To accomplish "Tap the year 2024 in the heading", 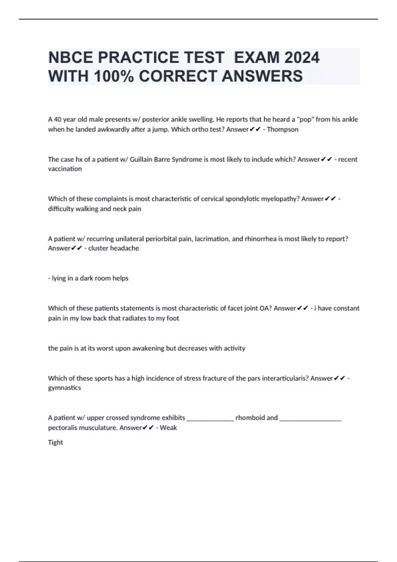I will click(x=302, y=58).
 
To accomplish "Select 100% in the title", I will click(x=114, y=76).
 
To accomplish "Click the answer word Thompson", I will click(x=283, y=130).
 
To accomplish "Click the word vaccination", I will click(x=65, y=169).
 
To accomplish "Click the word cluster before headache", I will click(x=98, y=248).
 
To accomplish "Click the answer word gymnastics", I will click(x=65, y=388).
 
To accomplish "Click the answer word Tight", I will click(x=56, y=443).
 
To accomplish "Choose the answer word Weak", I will click(x=168, y=428).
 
